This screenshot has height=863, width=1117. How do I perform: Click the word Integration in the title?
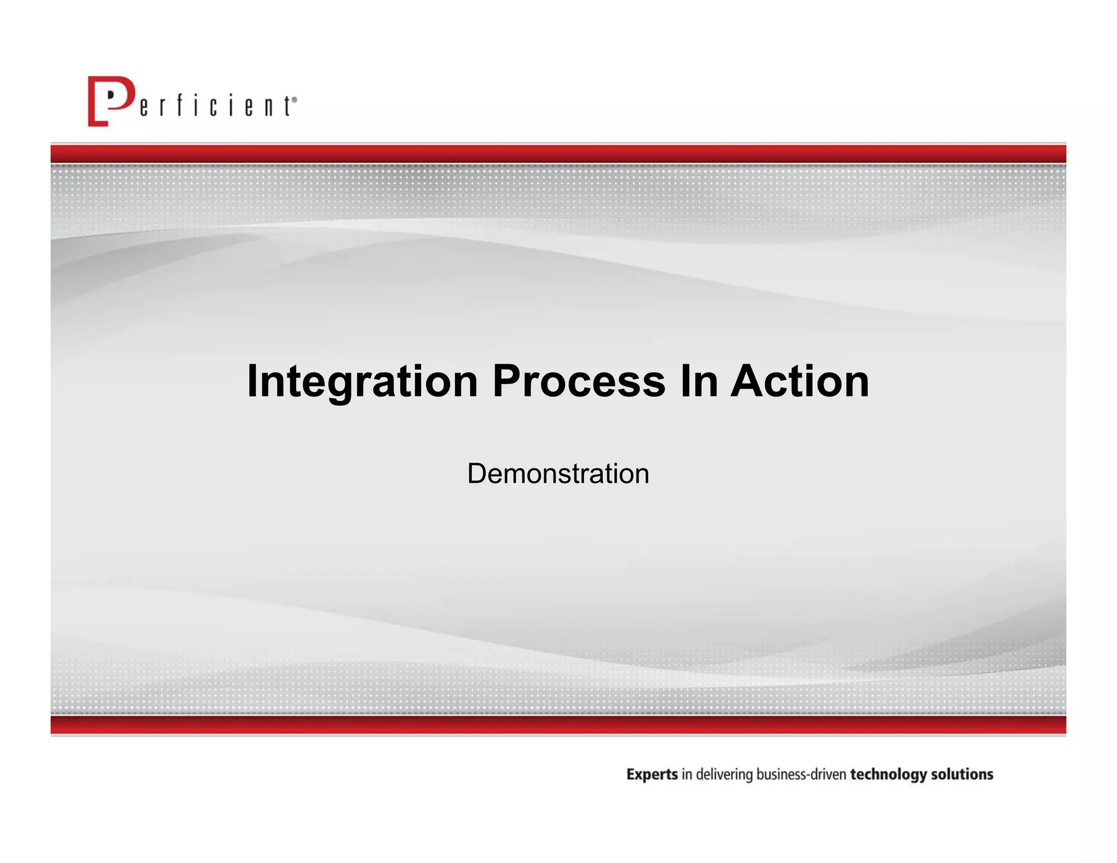[x=362, y=382]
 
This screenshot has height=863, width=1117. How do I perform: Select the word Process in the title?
[x=579, y=382]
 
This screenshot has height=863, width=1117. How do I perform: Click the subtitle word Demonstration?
[x=558, y=474]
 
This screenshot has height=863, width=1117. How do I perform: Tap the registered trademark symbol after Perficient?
[x=295, y=100]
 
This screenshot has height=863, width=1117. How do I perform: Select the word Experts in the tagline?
[x=652, y=775]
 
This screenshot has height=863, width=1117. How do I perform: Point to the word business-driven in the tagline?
[x=801, y=775]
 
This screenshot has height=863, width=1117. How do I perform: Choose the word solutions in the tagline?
[x=962, y=775]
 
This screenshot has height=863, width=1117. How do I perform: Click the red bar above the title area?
[x=558, y=154]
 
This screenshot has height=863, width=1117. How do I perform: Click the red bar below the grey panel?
[x=558, y=725]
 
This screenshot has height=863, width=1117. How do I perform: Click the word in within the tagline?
[x=687, y=775]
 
